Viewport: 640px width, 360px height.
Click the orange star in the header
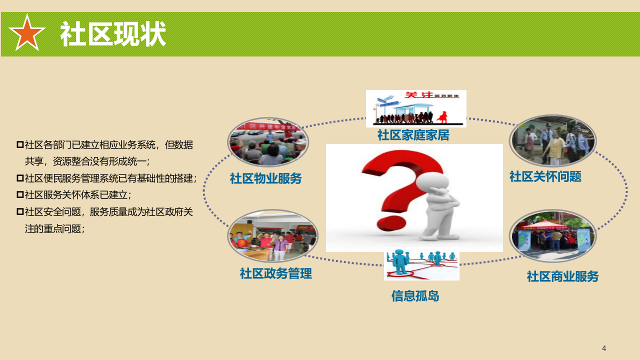(x=27, y=33)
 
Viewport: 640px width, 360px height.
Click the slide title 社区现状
(x=113, y=34)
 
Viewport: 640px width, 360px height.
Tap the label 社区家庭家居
(x=413, y=135)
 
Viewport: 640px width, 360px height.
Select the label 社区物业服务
(x=265, y=178)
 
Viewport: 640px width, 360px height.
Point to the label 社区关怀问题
(x=545, y=176)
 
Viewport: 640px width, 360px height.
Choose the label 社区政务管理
(x=275, y=273)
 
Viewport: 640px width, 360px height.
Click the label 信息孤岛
(x=415, y=296)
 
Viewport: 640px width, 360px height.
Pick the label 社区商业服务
(x=562, y=276)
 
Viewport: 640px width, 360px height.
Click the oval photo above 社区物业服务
(x=268, y=142)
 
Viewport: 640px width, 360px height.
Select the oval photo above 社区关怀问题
(x=552, y=140)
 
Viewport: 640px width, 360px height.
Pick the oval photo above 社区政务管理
(x=272, y=235)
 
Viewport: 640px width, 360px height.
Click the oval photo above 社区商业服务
(x=552, y=235)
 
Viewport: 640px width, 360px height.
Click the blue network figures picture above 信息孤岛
(x=421, y=265)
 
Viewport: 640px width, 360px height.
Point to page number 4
(x=604, y=348)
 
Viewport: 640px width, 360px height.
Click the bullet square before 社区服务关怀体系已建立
(x=20, y=194)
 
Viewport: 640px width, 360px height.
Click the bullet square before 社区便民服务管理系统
(x=20, y=178)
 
